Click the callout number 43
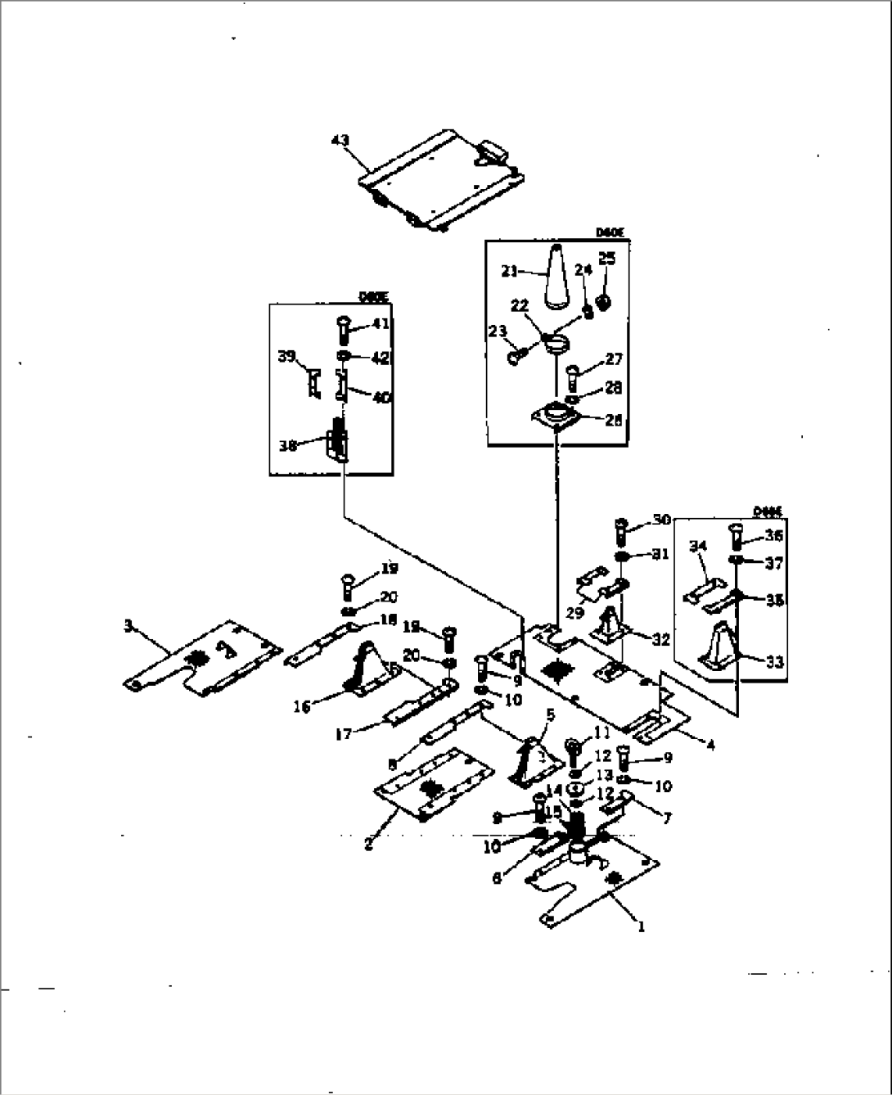[x=340, y=141]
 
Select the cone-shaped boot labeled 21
[x=556, y=277]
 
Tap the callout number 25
[x=606, y=259]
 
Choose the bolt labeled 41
[x=345, y=330]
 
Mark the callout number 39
[x=285, y=357]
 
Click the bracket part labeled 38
[x=338, y=443]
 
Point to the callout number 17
[x=344, y=734]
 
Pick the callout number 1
[x=641, y=927]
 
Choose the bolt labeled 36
[x=734, y=536]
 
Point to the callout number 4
[x=710, y=745]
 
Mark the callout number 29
[x=575, y=612]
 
